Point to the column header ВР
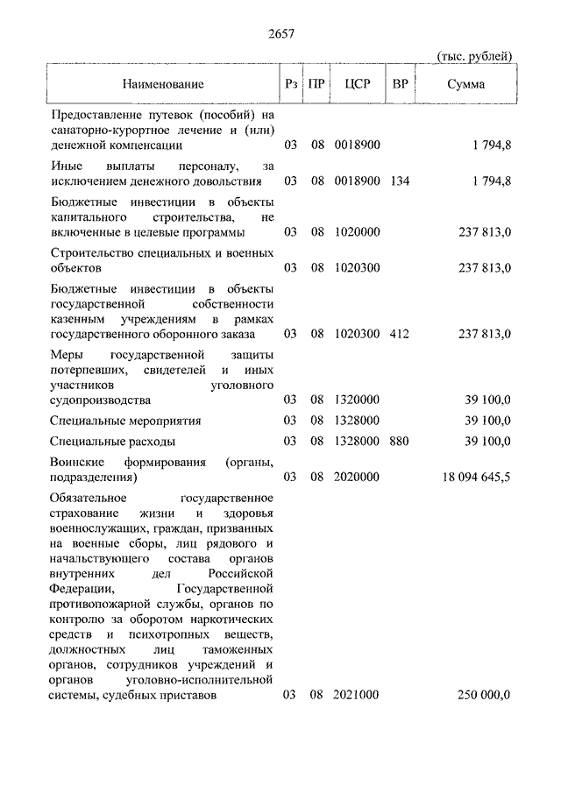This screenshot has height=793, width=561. point(400,84)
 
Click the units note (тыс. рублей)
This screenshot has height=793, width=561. point(474,56)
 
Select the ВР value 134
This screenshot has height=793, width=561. point(400,181)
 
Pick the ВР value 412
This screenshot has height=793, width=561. point(400,334)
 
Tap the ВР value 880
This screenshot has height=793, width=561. point(400,441)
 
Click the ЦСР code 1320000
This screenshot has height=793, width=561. point(357,400)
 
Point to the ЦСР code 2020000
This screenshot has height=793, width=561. point(357,478)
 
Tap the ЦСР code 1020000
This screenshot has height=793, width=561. point(357,232)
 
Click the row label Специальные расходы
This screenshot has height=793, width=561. point(113,441)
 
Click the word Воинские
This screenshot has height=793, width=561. point(78,462)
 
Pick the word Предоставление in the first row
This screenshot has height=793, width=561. point(99,114)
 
